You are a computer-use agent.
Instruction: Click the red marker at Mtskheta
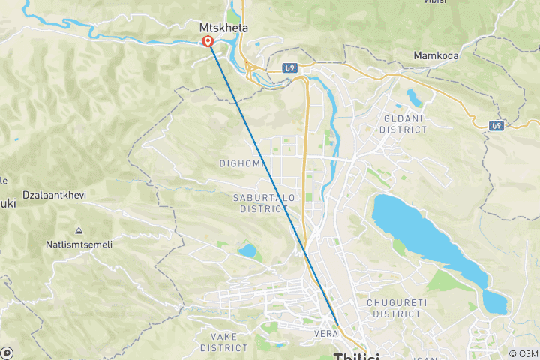(208, 42)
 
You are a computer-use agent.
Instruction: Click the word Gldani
(403, 118)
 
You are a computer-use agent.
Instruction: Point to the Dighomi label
(238, 163)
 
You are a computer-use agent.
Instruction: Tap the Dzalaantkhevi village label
(54, 195)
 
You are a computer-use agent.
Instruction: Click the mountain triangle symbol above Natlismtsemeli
(78, 230)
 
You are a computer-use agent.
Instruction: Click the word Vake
(224, 337)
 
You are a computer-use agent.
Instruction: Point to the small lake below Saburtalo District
(247, 250)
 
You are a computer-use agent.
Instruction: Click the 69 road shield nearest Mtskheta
(290, 68)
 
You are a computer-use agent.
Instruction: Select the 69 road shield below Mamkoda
(496, 125)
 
